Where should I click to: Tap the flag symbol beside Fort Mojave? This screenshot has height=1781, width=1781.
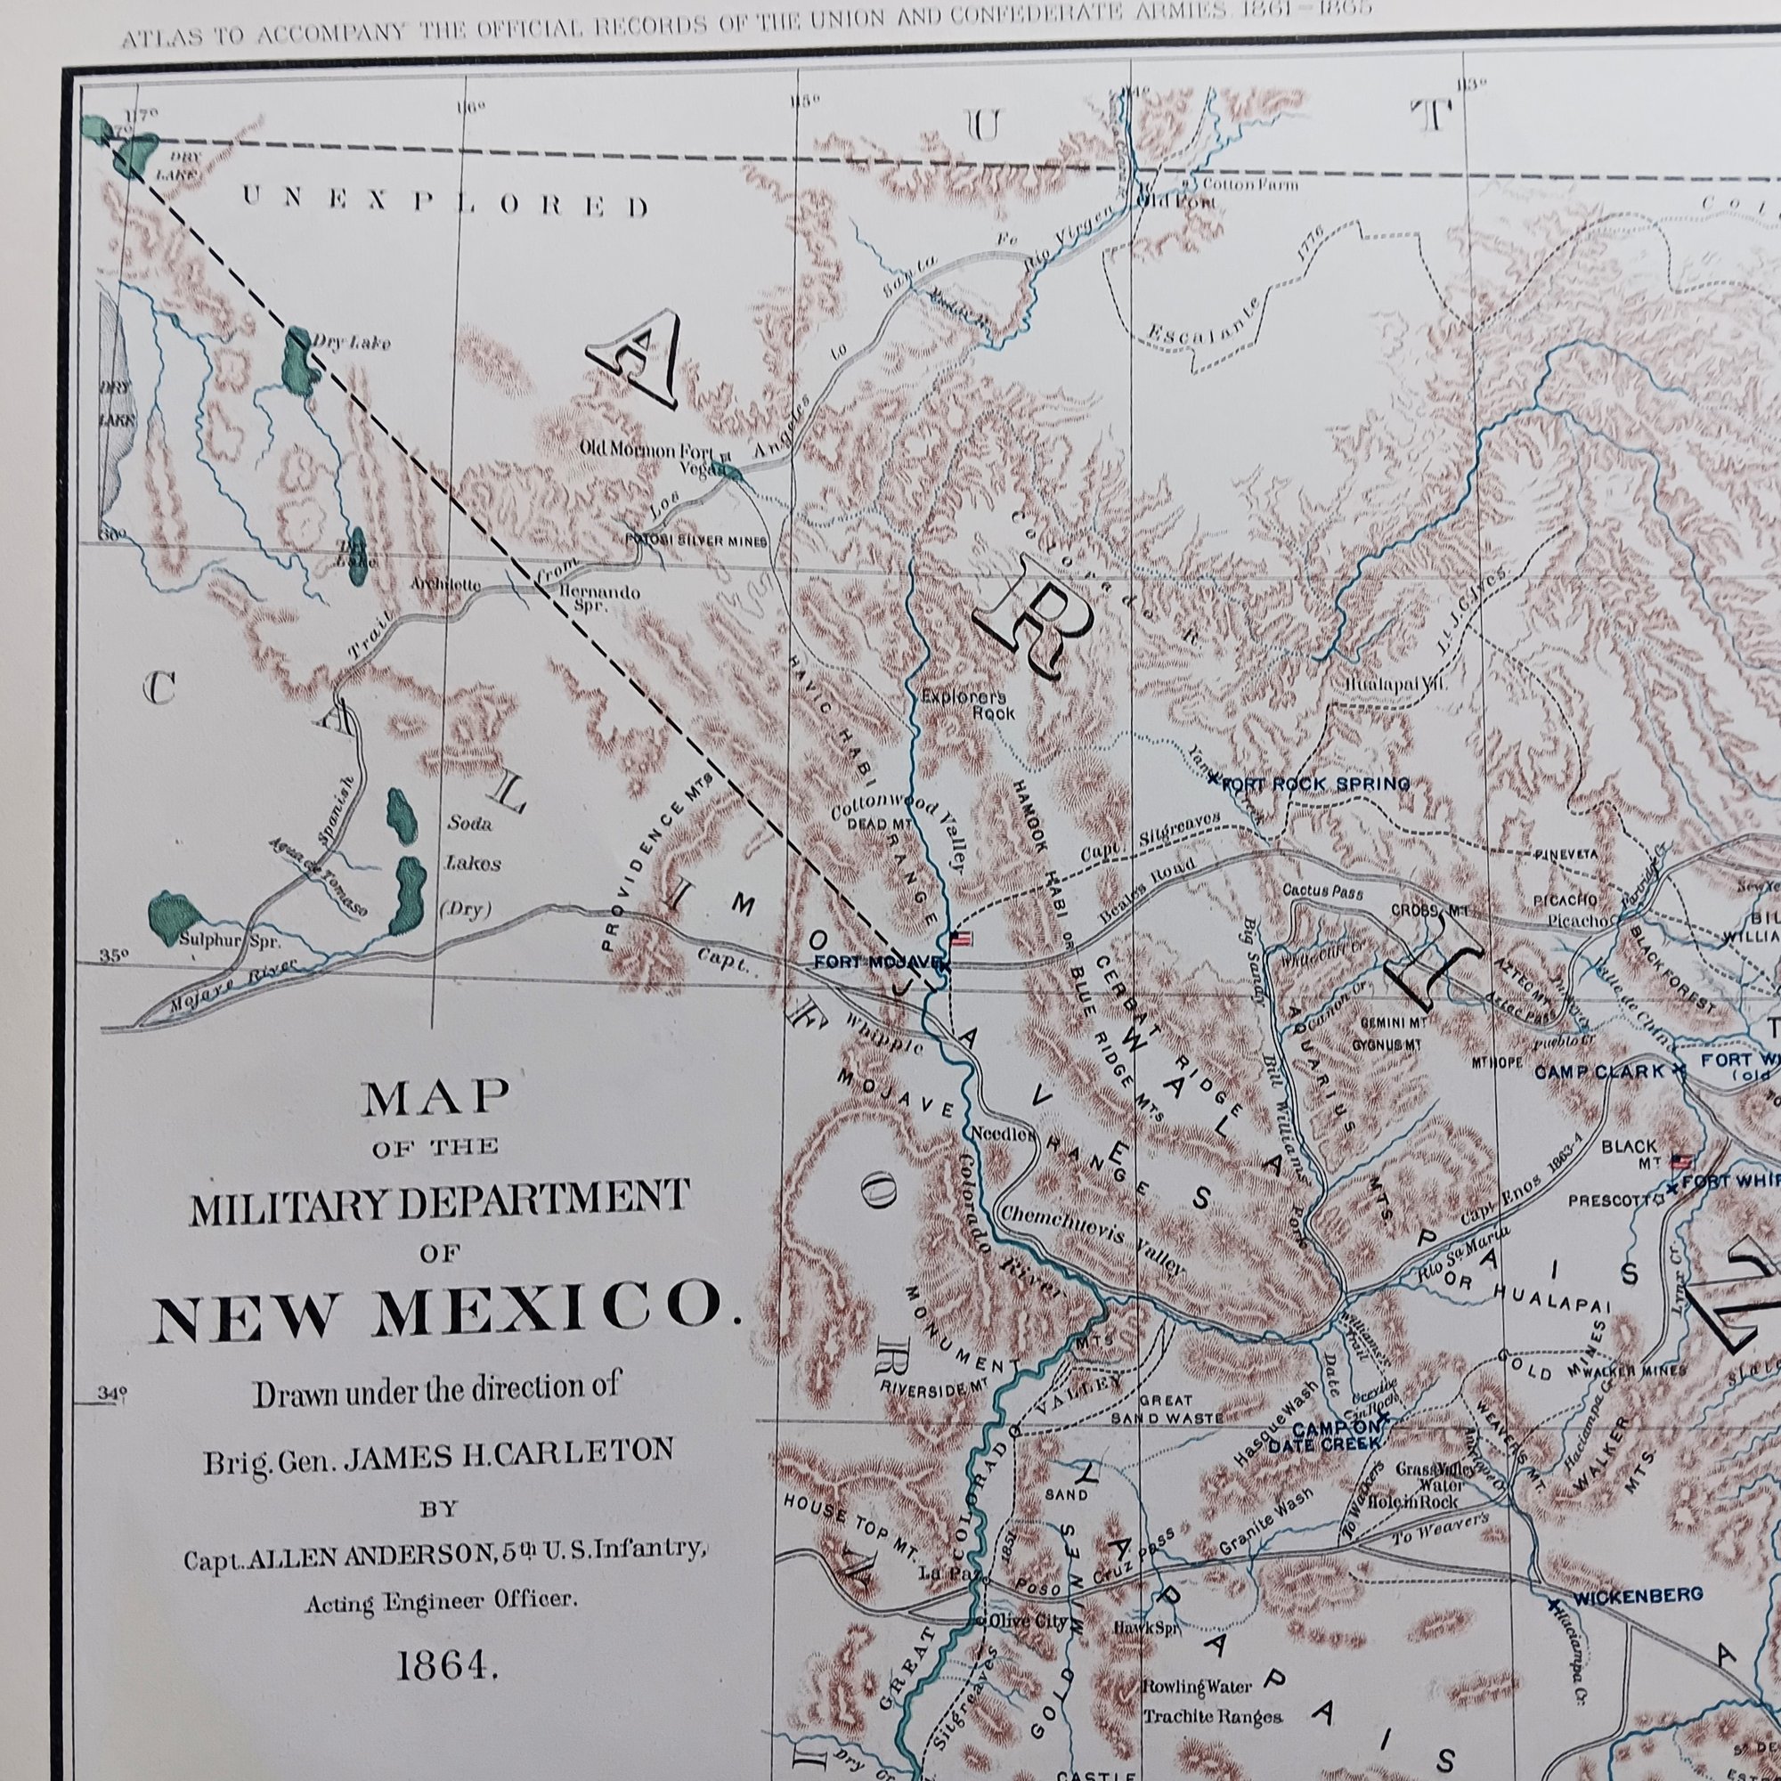pos(962,939)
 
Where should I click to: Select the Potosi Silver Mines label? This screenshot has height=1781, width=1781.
pos(696,542)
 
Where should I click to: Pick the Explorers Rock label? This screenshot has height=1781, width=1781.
pos(964,705)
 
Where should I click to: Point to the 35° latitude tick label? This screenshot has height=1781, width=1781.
pos(114,955)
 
